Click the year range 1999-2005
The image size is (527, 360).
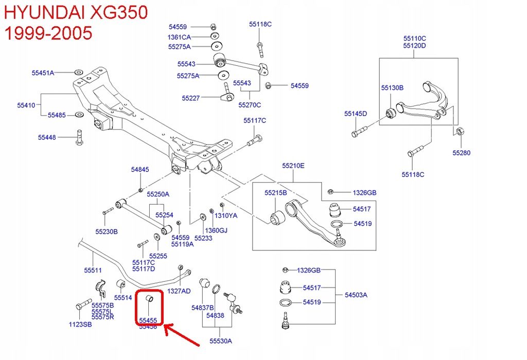tap(48, 33)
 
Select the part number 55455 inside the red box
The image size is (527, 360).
tap(148, 319)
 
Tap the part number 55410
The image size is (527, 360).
tap(26, 105)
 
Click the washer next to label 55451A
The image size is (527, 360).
tap(77, 72)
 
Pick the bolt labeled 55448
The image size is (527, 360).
tap(78, 137)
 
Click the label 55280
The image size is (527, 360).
tap(461, 153)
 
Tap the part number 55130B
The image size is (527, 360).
tap(392, 88)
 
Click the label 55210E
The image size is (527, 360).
tap(293, 166)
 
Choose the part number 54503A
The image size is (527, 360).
tap(356, 295)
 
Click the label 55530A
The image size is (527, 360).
tap(220, 340)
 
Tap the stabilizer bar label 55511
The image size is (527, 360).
tap(93, 270)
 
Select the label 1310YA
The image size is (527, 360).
tap(226, 215)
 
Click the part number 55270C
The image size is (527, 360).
tap(250, 105)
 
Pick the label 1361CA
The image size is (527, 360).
tap(179, 37)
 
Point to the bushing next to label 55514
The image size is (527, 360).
tap(121, 284)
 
